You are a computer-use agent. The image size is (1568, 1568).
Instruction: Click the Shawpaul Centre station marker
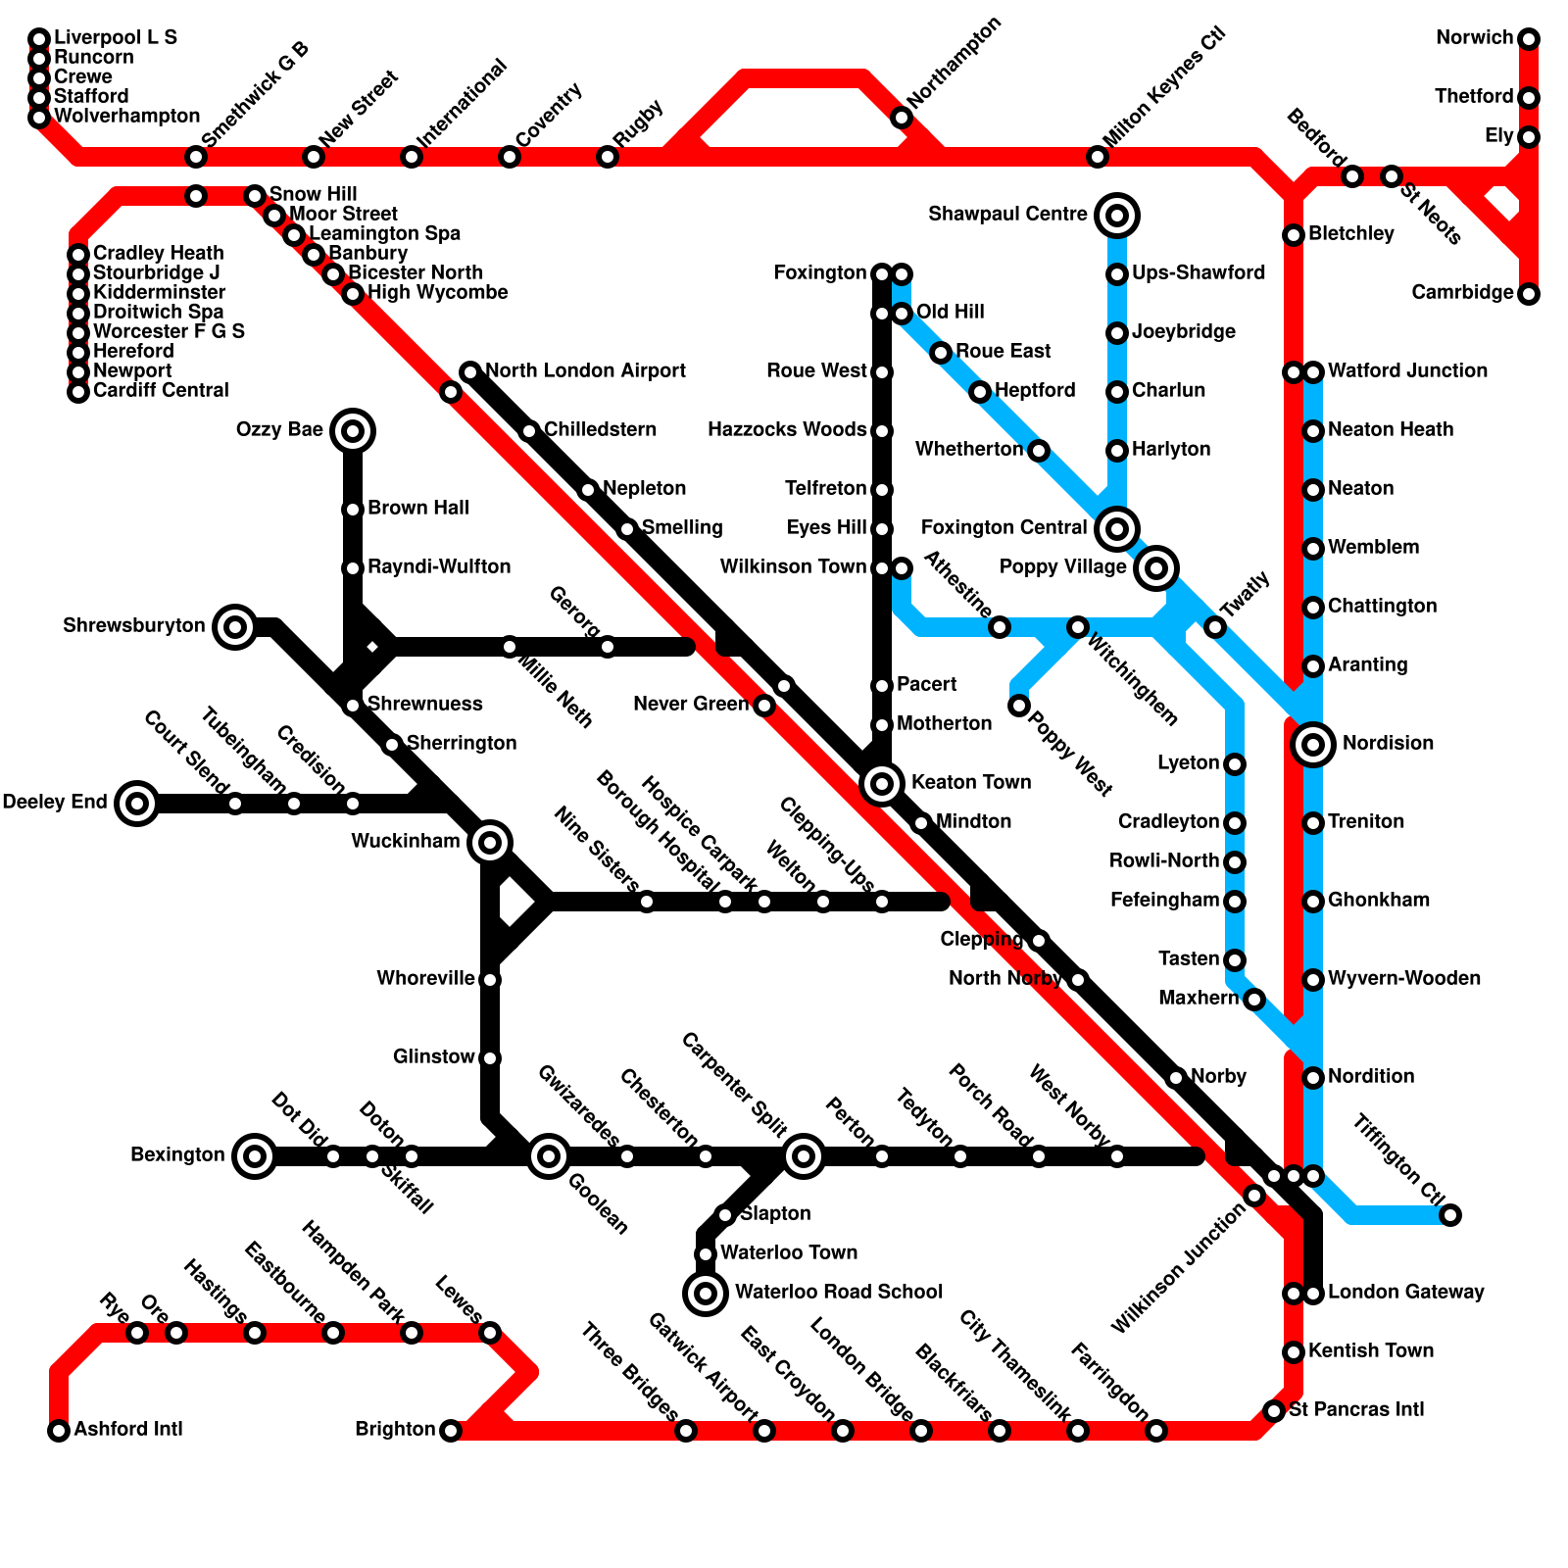coord(1117,215)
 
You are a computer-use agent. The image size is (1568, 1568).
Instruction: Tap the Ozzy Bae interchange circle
coord(353,430)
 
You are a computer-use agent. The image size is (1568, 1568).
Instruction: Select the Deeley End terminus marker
coord(137,804)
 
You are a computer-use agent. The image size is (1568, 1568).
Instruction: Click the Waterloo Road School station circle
coord(706,1294)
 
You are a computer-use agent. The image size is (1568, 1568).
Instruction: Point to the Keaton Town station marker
coord(882,783)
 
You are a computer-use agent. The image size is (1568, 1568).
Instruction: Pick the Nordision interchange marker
coord(1313,744)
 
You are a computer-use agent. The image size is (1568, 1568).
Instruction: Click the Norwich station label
coord(1474,38)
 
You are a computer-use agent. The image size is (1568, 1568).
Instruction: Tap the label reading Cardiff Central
coord(161,390)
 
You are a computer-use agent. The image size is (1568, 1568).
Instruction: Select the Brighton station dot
coord(451,1431)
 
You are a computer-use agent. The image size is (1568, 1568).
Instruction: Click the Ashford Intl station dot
coord(59,1431)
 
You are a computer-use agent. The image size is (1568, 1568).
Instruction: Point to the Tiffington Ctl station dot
coord(1450,1215)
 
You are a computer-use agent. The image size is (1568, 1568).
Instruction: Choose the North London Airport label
coord(585,370)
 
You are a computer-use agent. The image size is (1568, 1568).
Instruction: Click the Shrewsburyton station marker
coord(235,626)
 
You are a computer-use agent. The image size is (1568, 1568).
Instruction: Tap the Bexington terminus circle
coord(255,1156)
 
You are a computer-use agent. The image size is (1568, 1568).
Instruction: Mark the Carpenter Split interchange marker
coord(804,1156)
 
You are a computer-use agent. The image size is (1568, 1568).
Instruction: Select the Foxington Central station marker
coord(1117,528)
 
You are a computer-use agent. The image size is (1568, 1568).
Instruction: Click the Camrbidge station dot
coord(1529,294)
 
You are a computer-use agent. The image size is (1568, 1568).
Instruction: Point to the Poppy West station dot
coord(1019,706)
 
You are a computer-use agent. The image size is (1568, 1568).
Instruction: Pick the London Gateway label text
coord(1405,1292)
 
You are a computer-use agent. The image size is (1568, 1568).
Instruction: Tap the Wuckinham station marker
coord(490,842)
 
